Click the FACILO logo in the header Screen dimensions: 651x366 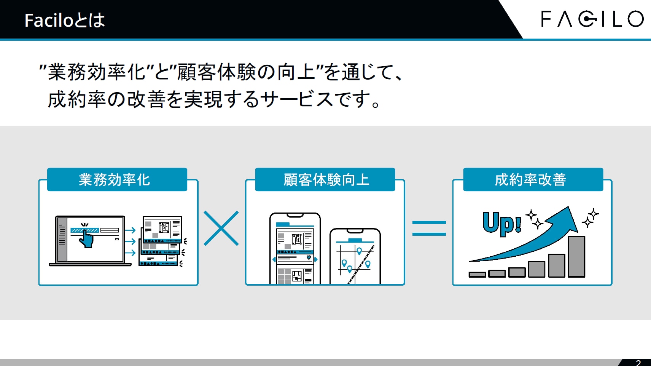tap(592, 19)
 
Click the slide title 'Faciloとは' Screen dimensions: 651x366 tap(65, 20)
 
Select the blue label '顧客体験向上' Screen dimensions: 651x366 tap(325, 179)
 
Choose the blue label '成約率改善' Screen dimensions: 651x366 tap(533, 179)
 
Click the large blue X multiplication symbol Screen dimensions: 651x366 tap(221, 228)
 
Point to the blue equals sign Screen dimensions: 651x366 tap(429, 228)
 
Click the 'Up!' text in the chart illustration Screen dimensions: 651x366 tap(501, 224)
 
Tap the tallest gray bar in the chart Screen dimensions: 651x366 tap(576, 257)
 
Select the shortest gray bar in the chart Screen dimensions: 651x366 tap(477, 274)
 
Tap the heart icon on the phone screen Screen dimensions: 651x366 tap(309, 257)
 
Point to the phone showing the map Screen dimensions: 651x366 tap(355, 256)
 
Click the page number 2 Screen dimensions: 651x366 tap(638, 363)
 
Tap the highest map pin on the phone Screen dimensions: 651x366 tap(359, 251)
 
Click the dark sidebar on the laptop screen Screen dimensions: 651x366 tap(62, 240)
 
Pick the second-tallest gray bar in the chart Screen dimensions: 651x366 tap(557, 265)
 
